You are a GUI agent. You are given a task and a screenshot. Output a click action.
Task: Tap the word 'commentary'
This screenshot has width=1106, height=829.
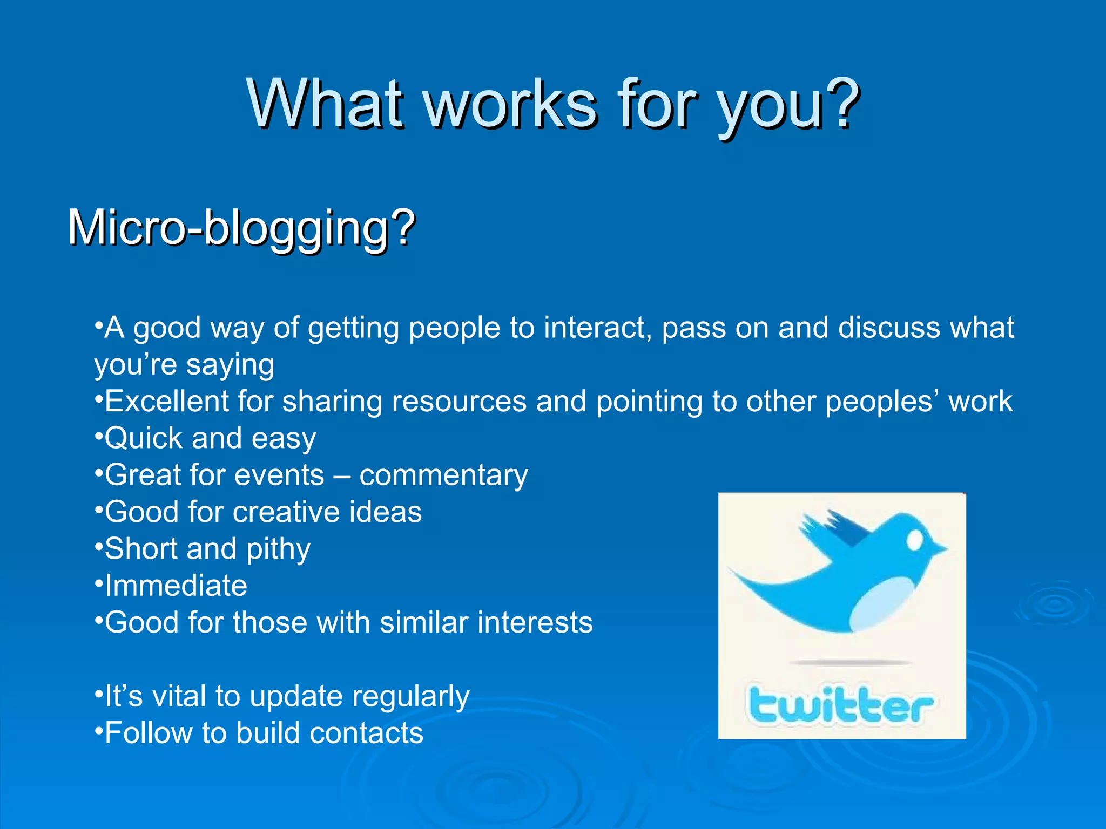pyautogui.click(x=443, y=475)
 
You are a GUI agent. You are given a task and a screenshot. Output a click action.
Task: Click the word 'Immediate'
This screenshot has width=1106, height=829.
pyautogui.click(x=176, y=586)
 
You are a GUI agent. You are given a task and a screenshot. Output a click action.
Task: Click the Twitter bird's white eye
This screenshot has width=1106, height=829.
pyautogui.click(x=915, y=539)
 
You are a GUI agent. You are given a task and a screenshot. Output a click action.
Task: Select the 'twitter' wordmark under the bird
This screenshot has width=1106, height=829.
pyautogui.click(x=840, y=704)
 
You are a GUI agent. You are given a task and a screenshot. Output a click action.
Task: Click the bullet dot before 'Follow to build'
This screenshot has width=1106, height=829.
pyautogui.click(x=98, y=730)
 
